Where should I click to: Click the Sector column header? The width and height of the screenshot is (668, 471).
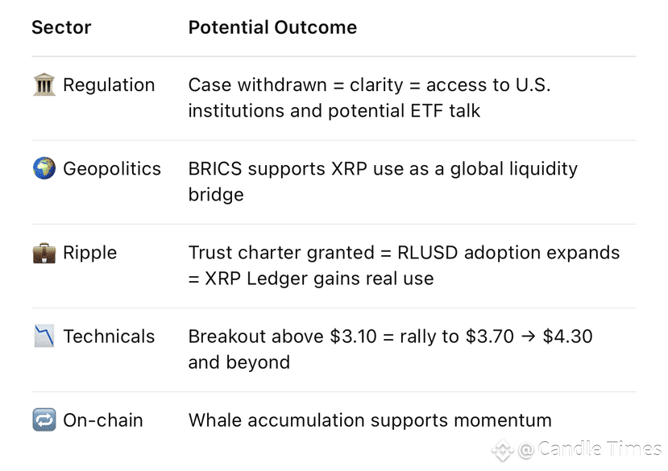point(61,27)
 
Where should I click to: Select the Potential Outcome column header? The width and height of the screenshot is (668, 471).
point(272,27)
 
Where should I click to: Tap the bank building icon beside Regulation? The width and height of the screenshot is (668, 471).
point(44,85)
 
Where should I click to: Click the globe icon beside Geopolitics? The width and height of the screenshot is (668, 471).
point(44,168)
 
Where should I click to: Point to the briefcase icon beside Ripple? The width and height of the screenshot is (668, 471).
point(44,253)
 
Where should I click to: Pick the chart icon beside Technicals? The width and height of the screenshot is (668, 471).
point(44,336)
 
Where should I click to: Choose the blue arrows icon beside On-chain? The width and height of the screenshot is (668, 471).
point(44,420)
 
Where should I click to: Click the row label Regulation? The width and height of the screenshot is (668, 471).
point(109,85)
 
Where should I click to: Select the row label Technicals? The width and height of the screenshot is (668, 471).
point(109,337)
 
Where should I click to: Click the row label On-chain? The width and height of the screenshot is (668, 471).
point(103,420)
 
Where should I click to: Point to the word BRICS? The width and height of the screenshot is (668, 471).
point(215,168)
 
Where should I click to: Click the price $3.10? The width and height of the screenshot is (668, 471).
point(353,337)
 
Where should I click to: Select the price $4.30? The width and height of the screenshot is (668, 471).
point(567,337)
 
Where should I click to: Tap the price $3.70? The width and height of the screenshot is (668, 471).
point(489,337)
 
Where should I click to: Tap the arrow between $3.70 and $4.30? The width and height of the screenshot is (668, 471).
point(529,337)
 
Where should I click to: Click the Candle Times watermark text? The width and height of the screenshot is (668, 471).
point(600,448)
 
